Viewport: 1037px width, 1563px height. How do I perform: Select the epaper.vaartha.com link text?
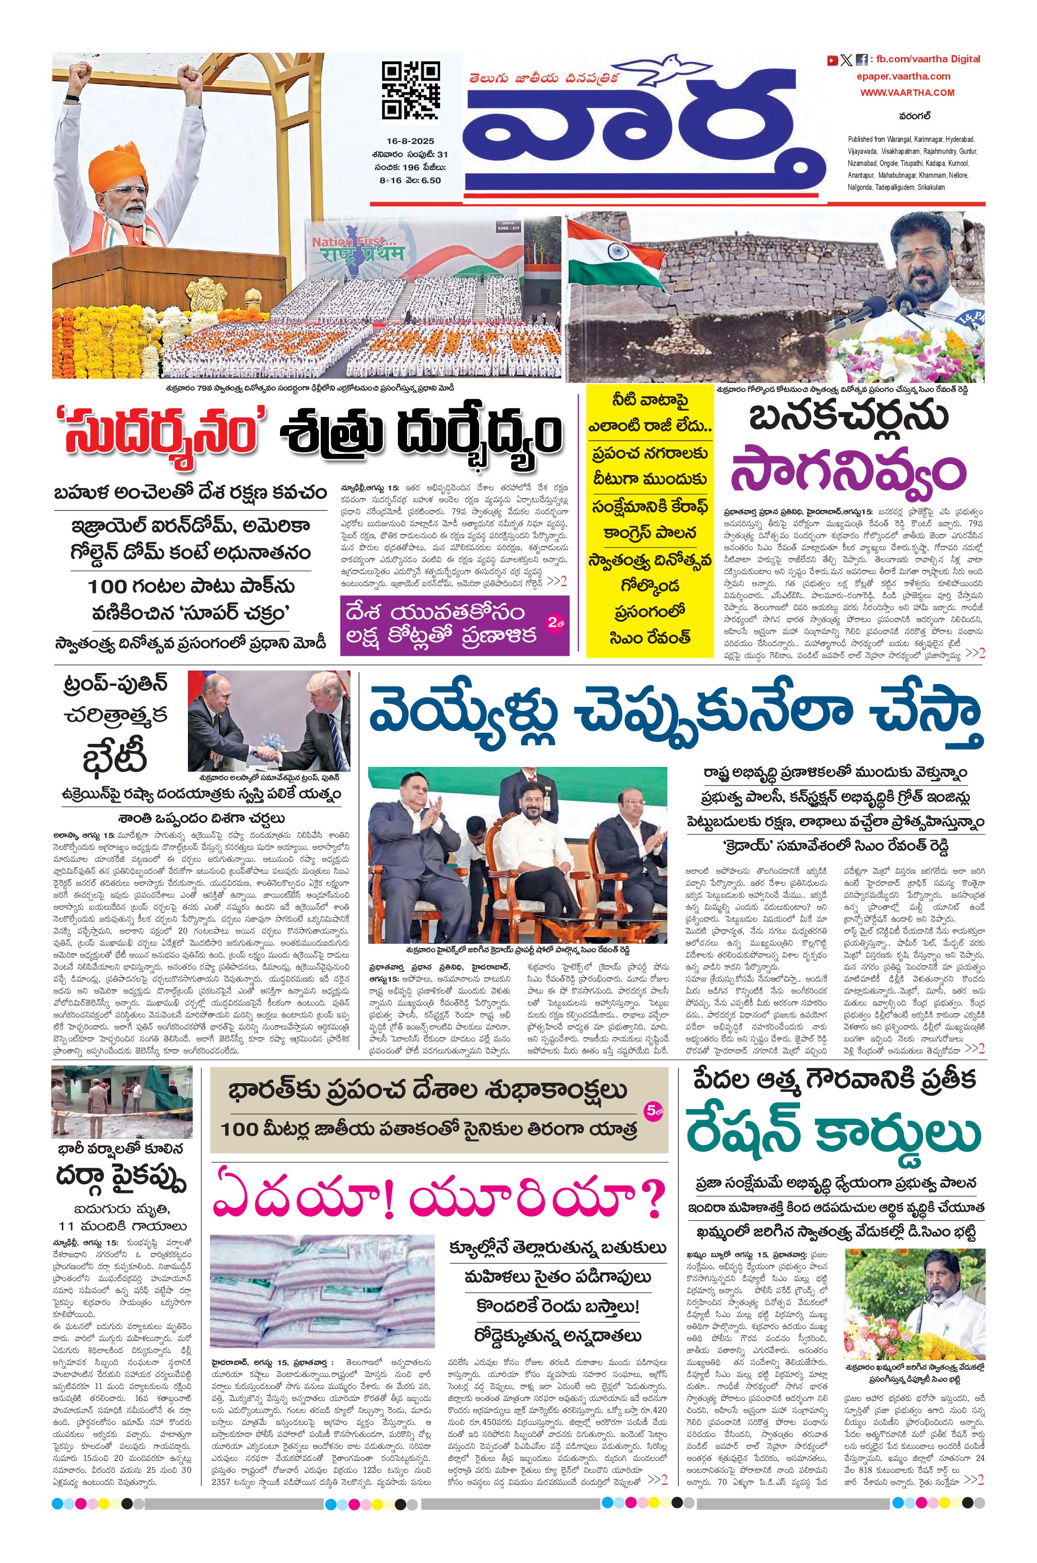903,76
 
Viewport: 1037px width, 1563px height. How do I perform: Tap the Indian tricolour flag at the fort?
615,255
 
